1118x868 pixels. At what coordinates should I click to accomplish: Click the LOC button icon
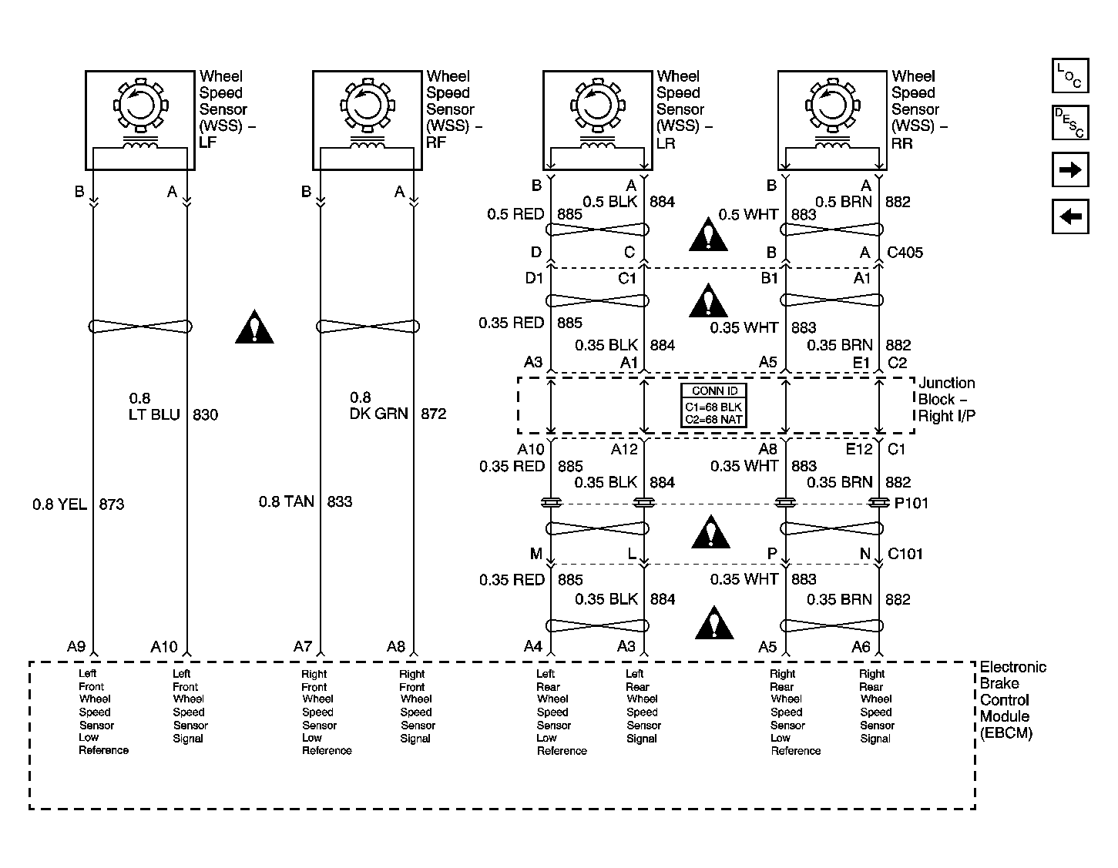pos(1070,76)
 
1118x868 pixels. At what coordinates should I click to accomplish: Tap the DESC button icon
pos(1070,122)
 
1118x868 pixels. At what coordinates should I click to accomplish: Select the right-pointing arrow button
pos(1070,170)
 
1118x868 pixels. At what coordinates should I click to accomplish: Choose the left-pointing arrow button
pos(1070,216)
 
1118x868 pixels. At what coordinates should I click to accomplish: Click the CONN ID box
pos(713,405)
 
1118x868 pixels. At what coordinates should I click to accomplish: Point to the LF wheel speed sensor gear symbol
pos(139,104)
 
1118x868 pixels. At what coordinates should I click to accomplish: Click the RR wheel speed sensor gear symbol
pos(831,104)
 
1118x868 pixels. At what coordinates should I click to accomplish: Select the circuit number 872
pos(433,414)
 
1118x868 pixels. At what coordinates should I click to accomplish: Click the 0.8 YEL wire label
pos(59,504)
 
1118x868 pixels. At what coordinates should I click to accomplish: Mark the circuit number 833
pos(339,502)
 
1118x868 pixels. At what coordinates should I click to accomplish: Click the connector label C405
pos(905,253)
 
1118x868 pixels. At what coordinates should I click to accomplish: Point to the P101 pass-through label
pos(911,504)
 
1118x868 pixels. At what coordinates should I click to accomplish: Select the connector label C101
pos(905,554)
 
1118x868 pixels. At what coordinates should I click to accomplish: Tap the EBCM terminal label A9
pos(76,647)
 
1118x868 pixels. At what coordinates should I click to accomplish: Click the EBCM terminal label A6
pos(861,647)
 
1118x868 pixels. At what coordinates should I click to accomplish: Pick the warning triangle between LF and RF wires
pos(254,327)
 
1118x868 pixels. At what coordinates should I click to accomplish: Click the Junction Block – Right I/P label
pos(946,400)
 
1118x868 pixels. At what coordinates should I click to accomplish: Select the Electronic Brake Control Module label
pos(1012,700)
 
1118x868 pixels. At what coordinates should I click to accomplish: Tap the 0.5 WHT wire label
pos(748,214)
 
